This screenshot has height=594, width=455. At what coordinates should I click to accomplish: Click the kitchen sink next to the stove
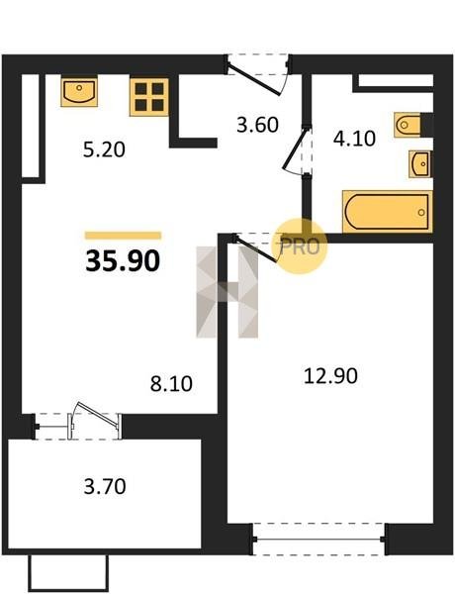[79, 92]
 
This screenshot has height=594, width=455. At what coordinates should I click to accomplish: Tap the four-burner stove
[149, 97]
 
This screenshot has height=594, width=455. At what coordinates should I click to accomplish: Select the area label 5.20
[104, 150]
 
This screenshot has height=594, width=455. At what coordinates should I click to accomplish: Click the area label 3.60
[258, 125]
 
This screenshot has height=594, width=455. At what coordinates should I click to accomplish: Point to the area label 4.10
[354, 139]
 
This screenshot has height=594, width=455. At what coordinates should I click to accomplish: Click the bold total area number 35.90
[123, 261]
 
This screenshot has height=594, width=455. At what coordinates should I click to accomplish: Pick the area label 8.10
[171, 384]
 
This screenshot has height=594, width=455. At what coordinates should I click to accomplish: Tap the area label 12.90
[330, 376]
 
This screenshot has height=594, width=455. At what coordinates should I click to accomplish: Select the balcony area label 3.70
[105, 487]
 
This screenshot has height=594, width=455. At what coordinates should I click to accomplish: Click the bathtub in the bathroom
[388, 212]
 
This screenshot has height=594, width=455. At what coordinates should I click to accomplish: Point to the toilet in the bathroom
[409, 125]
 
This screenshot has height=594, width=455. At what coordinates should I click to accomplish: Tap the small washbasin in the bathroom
[419, 164]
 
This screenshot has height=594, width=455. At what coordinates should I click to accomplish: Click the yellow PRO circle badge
[300, 247]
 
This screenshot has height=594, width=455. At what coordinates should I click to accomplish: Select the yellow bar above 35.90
[124, 236]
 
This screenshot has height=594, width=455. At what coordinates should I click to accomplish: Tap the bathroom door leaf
[296, 150]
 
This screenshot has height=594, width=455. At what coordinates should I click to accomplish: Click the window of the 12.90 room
[319, 539]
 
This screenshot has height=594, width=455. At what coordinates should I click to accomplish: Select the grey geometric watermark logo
[227, 292]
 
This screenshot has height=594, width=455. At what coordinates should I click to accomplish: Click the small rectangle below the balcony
[68, 573]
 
